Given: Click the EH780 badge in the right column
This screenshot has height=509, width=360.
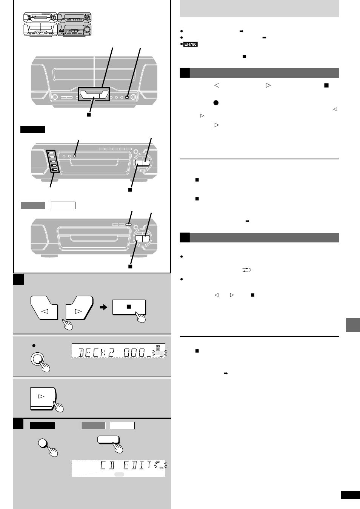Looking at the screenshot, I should coord(191,44).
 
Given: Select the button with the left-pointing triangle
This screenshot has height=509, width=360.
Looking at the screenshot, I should coord(44,309).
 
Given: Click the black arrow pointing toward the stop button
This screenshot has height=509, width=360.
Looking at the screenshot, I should coord(103,307).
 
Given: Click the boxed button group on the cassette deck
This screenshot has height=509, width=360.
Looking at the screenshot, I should coord(94,94).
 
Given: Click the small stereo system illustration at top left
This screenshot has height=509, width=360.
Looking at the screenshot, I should coord(57,25).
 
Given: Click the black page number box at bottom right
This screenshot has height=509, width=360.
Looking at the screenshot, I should coord(350,495).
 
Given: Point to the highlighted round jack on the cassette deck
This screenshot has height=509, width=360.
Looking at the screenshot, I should coord(127,97).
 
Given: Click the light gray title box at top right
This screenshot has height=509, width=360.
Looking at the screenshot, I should coord(259,8).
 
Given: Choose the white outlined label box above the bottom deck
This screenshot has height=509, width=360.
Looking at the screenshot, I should coord(63,205).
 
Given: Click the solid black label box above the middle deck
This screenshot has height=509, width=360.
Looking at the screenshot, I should coord(32,130).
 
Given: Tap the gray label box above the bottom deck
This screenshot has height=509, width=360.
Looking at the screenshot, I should coord(32,205).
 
